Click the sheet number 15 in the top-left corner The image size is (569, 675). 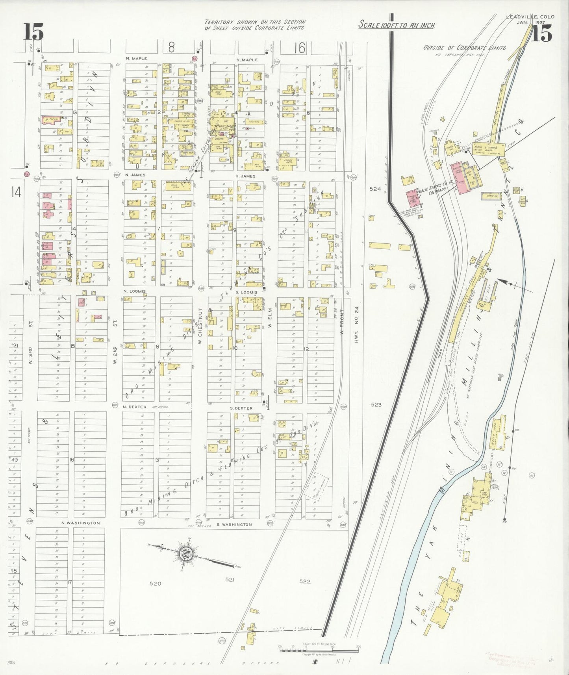pyautogui.click(x=33, y=32)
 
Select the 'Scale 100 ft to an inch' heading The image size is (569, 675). pyautogui.click(x=397, y=25)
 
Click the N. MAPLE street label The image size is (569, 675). pyautogui.click(x=136, y=59)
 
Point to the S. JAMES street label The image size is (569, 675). pyautogui.click(x=245, y=176)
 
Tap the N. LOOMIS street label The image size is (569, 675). pyautogui.click(x=134, y=291)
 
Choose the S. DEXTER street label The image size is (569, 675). pyautogui.click(x=241, y=408)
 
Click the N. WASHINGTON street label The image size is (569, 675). pyautogui.click(x=80, y=523)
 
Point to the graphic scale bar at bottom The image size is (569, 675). pyautogui.click(x=319, y=649)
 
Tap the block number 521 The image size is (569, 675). pyautogui.click(x=230, y=579)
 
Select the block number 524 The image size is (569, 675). pyautogui.click(x=375, y=189)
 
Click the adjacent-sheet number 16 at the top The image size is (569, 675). pyautogui.click(x=299, y=48)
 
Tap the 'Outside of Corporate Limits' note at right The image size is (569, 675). pyautogui.click(x=465, y=48)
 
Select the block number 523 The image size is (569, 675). pyautogui.click(x=376, y=404)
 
